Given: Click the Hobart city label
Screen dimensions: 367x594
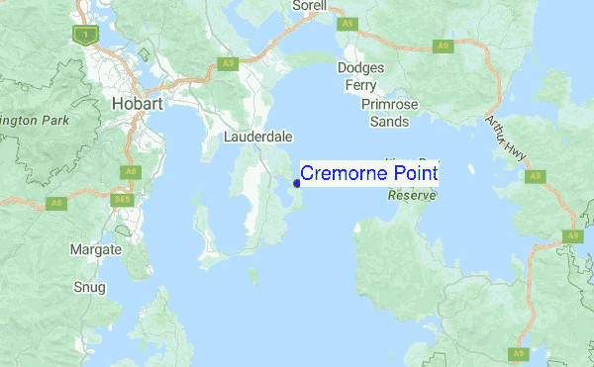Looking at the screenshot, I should pos(135,103).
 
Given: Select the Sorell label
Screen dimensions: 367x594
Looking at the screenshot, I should pos(309,6).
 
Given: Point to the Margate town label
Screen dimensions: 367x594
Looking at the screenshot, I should pos(96,250).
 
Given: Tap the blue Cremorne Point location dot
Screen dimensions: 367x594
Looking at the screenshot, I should pos(296,183).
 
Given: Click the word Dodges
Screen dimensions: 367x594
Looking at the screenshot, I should pos(359,68).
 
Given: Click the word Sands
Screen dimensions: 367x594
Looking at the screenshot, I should pos(389,122).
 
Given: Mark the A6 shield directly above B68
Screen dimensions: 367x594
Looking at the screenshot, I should pos(128,172).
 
